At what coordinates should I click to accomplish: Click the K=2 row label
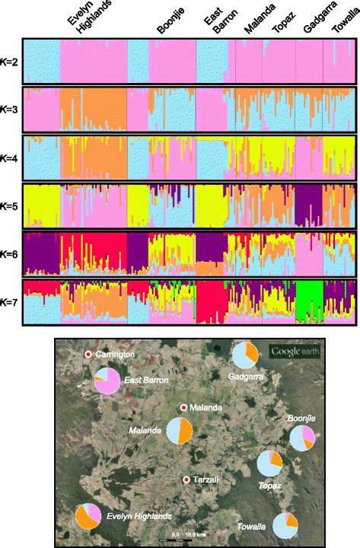[11, 61]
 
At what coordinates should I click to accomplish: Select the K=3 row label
[11, 110]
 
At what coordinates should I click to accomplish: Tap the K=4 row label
[11, 158]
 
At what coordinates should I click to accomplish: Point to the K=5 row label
[11, 205]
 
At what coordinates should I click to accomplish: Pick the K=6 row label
[11, 254]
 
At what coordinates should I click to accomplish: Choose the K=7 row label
[11, 302]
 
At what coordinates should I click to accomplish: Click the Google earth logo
[295, 351]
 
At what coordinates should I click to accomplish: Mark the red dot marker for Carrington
[88, 355]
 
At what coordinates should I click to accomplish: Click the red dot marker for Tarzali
[187, 479]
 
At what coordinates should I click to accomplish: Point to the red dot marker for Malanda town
[183, 408]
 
